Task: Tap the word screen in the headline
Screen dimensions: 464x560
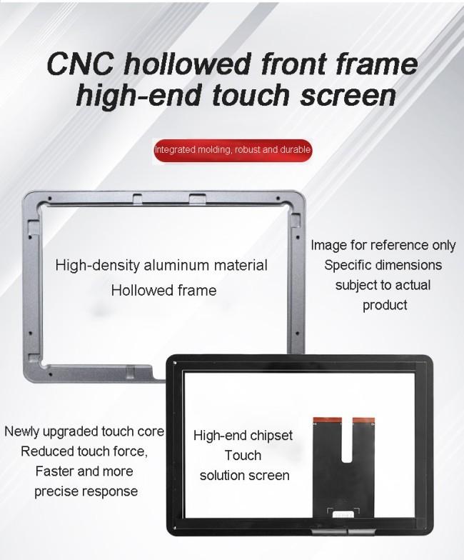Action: pos(348,96)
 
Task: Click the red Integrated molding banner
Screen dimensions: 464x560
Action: pos(233,150)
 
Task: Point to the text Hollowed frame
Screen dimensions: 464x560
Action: pos(164,290)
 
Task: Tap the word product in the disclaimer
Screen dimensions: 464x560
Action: pos(385,306)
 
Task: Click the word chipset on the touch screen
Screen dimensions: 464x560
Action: pos(271,436)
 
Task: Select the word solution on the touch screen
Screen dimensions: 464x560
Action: pos(223,476)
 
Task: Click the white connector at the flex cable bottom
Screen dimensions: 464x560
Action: pos(343,514)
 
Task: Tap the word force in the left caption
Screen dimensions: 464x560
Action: pos(130,451)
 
